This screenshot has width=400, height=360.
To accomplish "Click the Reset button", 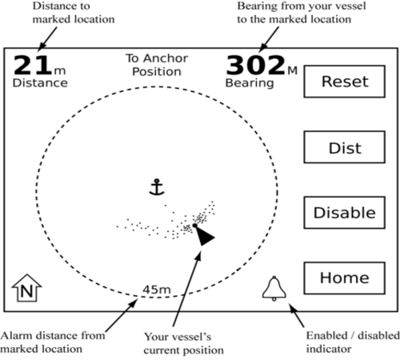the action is [x=345, y=82].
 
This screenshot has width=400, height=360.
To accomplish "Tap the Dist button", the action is [x=345, y=147].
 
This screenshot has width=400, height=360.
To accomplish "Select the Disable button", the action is [x=345, y=213].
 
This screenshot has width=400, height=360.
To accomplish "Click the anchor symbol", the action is [x=157, y=187].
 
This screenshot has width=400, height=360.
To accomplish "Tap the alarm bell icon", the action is [x=274, y=289].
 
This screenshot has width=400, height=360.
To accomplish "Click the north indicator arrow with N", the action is [x=26, y=288].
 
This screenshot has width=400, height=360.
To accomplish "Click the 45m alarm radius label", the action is [x=157, y=290].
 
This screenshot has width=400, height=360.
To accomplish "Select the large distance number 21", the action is [x=32, y=65].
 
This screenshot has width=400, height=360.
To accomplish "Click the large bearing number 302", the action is [x=256, y=65].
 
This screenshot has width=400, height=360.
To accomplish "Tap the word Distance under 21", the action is [x=40, y=83].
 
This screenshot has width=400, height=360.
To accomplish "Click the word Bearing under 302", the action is [x=250, y=83].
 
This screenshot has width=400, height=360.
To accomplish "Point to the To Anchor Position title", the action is [x=157, y=65].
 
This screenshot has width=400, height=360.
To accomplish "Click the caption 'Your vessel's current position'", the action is [x=184, y=343].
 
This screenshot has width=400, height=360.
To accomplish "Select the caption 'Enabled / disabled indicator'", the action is [x=353, y=342].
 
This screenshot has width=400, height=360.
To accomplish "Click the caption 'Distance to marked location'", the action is [x=74, y=13].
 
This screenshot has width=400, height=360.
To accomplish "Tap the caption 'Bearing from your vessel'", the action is [x=302, y=6].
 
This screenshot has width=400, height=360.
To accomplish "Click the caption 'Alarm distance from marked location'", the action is [x=53, y=342].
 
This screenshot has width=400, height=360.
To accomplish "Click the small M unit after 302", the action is [x=293, y=70].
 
